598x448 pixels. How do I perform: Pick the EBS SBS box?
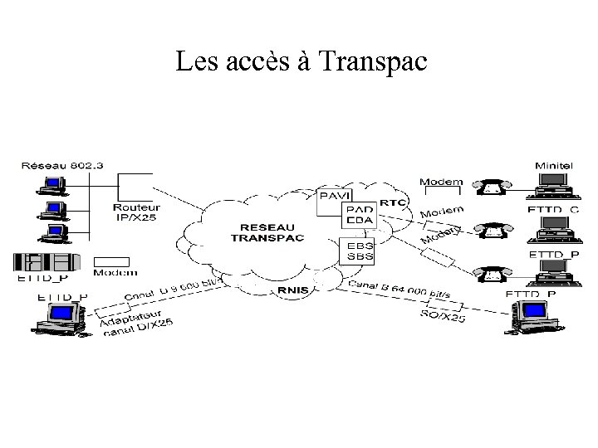(359, 251)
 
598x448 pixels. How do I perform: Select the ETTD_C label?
(551, 210)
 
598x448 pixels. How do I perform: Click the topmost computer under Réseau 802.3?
(55, 183)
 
